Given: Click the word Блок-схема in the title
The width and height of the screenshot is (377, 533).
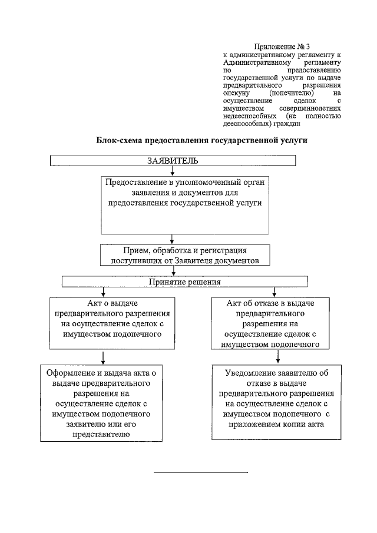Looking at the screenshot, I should point(120,141).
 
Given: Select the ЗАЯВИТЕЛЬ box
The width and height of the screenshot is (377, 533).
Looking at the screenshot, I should point(172,161).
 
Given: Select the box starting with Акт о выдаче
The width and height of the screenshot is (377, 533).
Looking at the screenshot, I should point(104,321).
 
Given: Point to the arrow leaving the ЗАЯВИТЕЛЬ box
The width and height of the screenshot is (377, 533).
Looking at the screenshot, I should point(171,171).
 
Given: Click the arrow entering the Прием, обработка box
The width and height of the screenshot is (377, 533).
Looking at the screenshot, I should point(171,239).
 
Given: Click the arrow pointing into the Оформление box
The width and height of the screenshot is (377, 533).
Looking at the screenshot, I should point(104,357).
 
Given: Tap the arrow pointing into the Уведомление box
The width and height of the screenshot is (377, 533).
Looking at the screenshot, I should point(276,357).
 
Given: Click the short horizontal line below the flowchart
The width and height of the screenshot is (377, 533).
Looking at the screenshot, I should point(201,472).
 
